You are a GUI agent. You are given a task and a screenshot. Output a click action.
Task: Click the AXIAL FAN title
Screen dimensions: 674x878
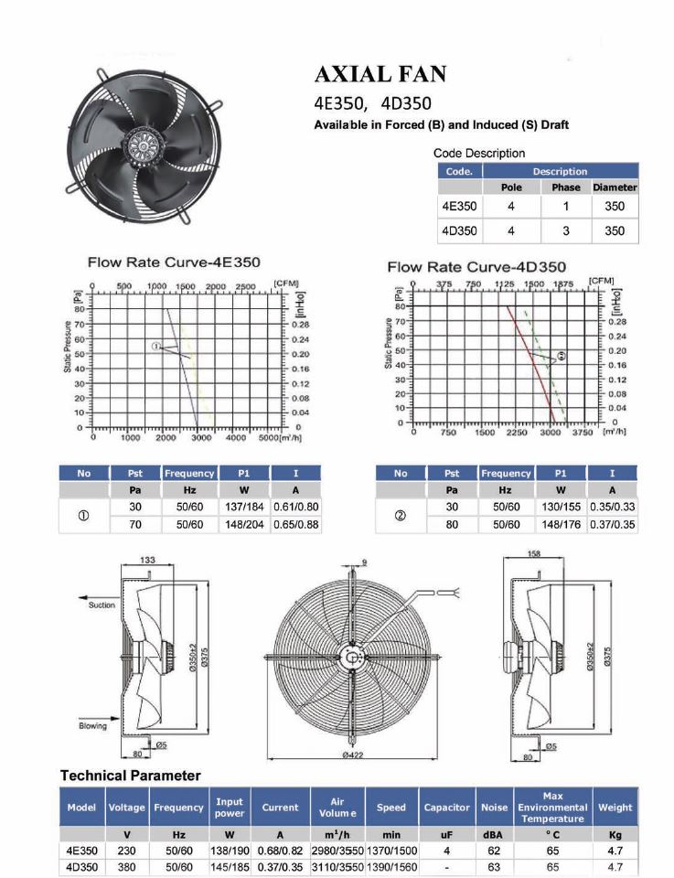point(380,74)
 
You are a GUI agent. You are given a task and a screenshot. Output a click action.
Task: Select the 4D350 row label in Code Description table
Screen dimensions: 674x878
point(459,230)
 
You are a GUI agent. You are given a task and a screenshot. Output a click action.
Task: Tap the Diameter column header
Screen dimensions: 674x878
point(615,187)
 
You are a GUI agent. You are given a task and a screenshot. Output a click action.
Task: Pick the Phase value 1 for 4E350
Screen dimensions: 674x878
point(565,207)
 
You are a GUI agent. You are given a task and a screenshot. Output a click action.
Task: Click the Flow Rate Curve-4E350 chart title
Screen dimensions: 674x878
point(174,262)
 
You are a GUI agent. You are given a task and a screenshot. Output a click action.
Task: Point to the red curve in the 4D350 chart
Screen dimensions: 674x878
point(530,364)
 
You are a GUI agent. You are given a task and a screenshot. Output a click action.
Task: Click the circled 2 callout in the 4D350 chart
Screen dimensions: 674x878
point(562,356)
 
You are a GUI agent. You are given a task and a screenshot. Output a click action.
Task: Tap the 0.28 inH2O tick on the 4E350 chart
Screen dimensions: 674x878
point(301,325)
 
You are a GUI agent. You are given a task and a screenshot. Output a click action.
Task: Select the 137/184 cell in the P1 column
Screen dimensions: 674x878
point(244,507)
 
